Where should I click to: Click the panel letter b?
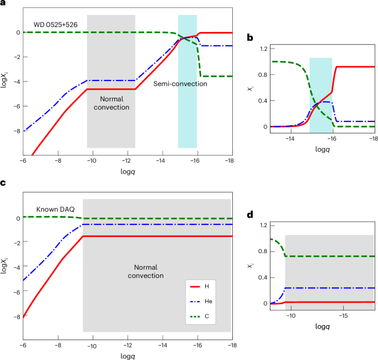tap(249, 38)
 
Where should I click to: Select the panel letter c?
tap(3, 184)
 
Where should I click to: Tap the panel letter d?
tap(249, 215)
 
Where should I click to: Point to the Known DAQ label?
tap(55, 209)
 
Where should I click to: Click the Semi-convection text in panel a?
tap(180, 84)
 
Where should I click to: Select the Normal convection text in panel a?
tap(111, 103)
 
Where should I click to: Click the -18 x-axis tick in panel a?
tap(230, 160)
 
